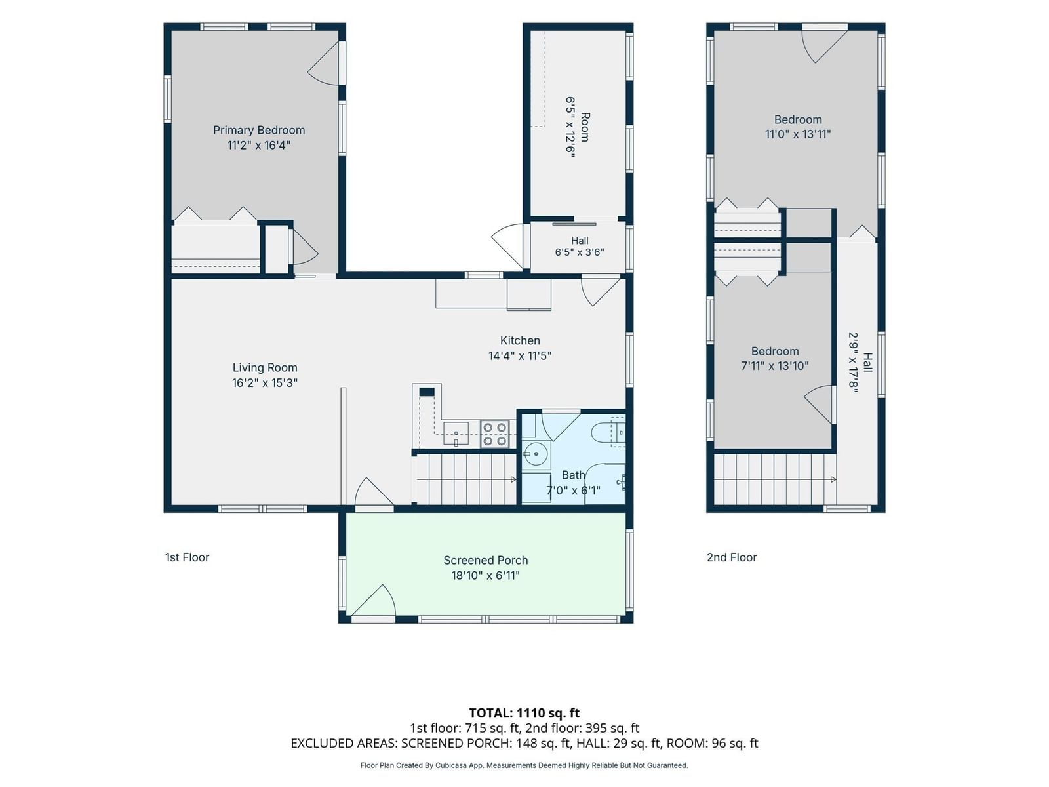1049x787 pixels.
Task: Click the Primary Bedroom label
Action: point(258,130)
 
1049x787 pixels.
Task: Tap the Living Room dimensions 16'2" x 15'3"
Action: point(265,383)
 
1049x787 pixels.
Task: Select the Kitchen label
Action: point(520,340)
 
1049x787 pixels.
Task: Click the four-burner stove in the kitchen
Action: point(494,434)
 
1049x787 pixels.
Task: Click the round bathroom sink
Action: point(536,453)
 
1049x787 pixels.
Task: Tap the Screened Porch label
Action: point(486,560)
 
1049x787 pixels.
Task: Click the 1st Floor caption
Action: point(187,557)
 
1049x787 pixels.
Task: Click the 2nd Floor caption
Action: point(732,557)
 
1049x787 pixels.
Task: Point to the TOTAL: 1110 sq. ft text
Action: point(524,713)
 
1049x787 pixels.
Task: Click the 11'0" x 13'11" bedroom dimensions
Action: point(798,134)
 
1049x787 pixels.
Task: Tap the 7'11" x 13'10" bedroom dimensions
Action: point(775,366)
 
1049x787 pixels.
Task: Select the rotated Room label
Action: point(585,127)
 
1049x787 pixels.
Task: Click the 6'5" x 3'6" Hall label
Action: point(579,247)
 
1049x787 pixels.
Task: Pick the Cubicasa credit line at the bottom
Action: point(524,765)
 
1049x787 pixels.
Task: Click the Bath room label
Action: point(573,475)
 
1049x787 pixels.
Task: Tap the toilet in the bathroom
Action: point(608,432)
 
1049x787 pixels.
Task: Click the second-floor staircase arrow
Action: point(775,479)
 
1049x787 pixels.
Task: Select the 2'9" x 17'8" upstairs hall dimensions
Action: point(854,363)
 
